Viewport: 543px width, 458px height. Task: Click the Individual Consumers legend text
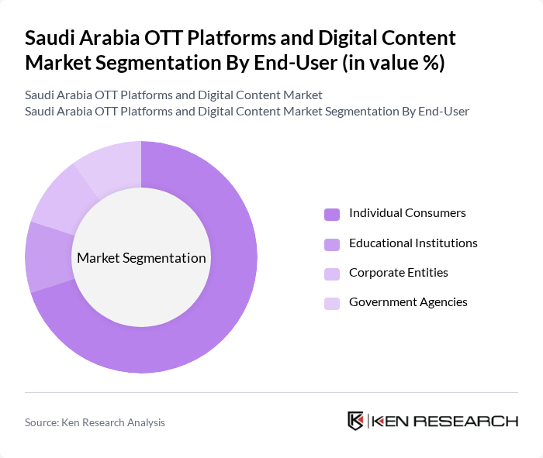[x=407, y=212]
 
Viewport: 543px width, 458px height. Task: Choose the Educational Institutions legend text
[x=413, y=243]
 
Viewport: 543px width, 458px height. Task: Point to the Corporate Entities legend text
[x=398, y=272]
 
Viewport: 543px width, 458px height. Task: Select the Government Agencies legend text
[x=408, y=301]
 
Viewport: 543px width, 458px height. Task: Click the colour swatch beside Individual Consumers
[x=332, y=214]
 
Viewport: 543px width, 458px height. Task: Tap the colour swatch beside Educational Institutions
[x=332, y=244]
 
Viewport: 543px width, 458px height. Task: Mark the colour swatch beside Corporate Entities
[x=332, y=274]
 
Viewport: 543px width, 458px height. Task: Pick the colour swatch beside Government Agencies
[x=332, y=303]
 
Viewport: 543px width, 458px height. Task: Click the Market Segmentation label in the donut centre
[x=141, y=258]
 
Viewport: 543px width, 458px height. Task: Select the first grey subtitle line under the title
[x=173, y=95]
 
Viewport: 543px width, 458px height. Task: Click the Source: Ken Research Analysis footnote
[x=95, y=422]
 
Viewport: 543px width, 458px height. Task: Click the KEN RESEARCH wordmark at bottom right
[x=444, y=421]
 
